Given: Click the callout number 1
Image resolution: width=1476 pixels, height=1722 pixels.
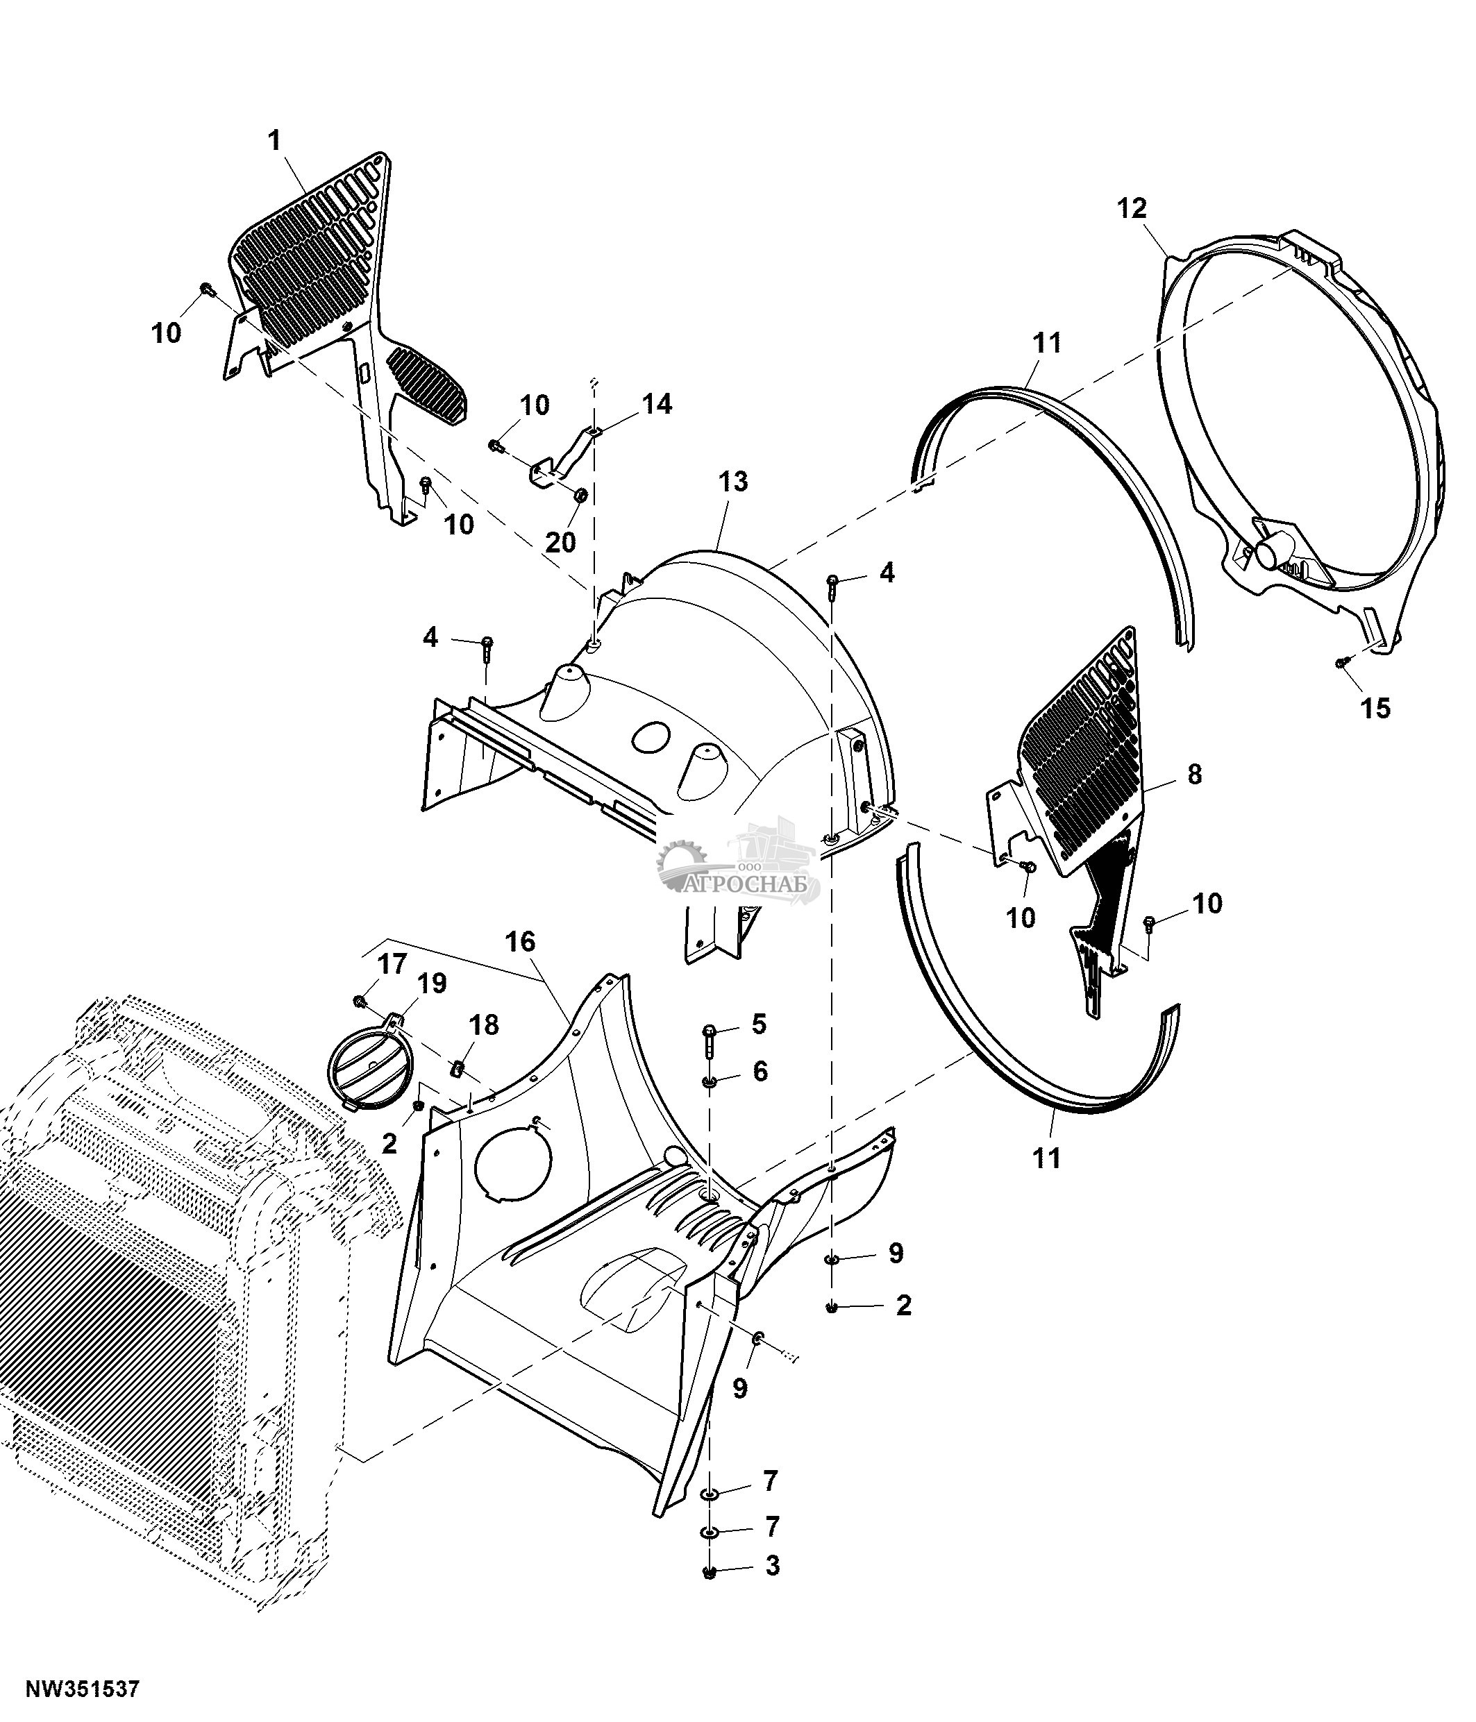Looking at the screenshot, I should click(274, 140).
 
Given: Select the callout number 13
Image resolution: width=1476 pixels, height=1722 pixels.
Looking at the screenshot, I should click(733, 481).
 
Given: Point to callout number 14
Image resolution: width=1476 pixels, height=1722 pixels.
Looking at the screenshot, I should click(657, 405).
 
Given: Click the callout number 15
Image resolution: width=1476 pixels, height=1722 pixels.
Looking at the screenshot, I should click(1375, 708).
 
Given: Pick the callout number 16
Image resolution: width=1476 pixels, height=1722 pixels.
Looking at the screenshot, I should click(520, 942).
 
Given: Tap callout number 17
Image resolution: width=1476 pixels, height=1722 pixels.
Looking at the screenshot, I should click(392, 964).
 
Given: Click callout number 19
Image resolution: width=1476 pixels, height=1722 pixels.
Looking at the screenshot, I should click(432, 984).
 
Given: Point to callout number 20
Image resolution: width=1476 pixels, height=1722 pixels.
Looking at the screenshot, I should click(560, 543).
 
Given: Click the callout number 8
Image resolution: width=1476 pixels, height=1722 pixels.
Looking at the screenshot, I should click(1194, 774).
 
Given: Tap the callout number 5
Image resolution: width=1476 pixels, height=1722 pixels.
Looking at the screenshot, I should click(759, 1024).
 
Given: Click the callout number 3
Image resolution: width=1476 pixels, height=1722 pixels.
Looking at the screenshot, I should click(772, 1566).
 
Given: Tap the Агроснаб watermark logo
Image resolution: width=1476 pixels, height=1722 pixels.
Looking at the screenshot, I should click(739, 864).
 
